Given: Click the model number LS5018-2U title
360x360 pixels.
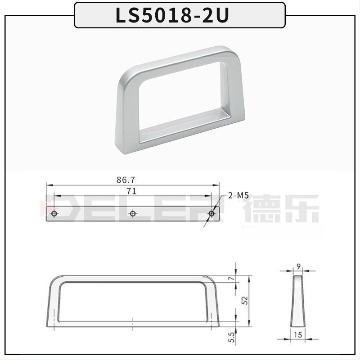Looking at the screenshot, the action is (172, 15).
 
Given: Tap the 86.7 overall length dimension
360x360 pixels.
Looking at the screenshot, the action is (126, 180).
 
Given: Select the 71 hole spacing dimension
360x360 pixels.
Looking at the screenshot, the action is (131, 191).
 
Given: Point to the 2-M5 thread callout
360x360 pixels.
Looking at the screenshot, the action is (238, 195).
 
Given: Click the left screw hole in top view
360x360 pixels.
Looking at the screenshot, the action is (54, 214).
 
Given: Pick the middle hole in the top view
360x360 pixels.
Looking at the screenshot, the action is (132, 214).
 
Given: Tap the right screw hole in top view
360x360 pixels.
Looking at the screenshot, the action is (211, 214).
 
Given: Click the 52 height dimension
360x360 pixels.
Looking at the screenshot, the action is (245, 301).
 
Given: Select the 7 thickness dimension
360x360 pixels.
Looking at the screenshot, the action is (232, 279).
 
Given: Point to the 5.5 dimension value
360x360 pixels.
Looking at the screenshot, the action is (232, 337).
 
